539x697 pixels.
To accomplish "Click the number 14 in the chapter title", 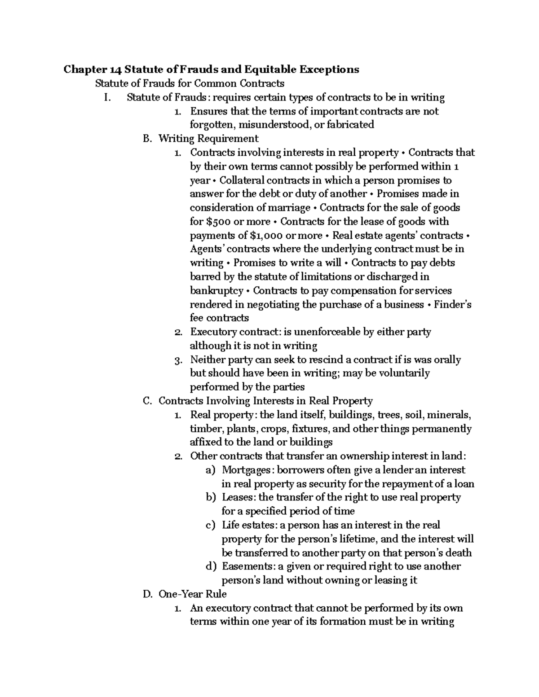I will pyautogui.click(x=115, y=70).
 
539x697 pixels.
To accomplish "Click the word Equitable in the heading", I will pyautogui.click(x=271, y=70).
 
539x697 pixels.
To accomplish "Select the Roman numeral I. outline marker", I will pyautogui.click(x=106, y=97).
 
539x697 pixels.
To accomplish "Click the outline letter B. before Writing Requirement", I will pyautogui.click(x=147, y=139).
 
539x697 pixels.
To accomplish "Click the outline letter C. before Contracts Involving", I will pyautogui.click(x=147, y=401).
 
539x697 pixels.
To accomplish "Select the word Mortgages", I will pyautogui.click(x=247, y=470).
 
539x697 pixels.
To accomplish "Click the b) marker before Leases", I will pyautogui.click(x=211, y=497).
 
